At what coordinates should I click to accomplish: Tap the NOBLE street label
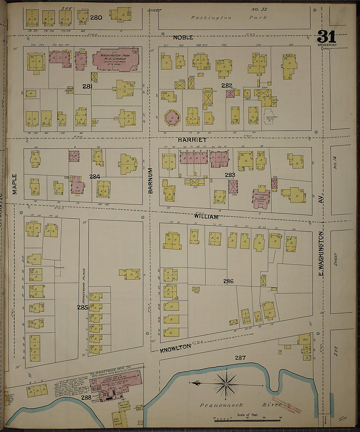[x=183, y=37]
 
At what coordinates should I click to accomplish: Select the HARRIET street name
[x=192, y=140]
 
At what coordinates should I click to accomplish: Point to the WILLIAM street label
[x=206, y=217]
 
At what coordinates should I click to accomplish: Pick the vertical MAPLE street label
[x=15, y=184]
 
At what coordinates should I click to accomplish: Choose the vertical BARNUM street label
[x=151, y=180]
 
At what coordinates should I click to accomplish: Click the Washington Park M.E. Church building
[x=116, y=60]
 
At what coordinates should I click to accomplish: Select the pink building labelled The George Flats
[x=261, y=198]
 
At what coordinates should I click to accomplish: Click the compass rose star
[x=226, y=383]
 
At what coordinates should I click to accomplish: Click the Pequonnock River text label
[x=241, y=405]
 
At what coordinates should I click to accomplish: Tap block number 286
[x=228, y=281]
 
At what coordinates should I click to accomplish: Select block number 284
[x=95, y=177]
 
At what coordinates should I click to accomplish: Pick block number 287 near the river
[x=240, y=358]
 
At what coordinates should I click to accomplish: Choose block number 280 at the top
[x=96, y=18]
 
